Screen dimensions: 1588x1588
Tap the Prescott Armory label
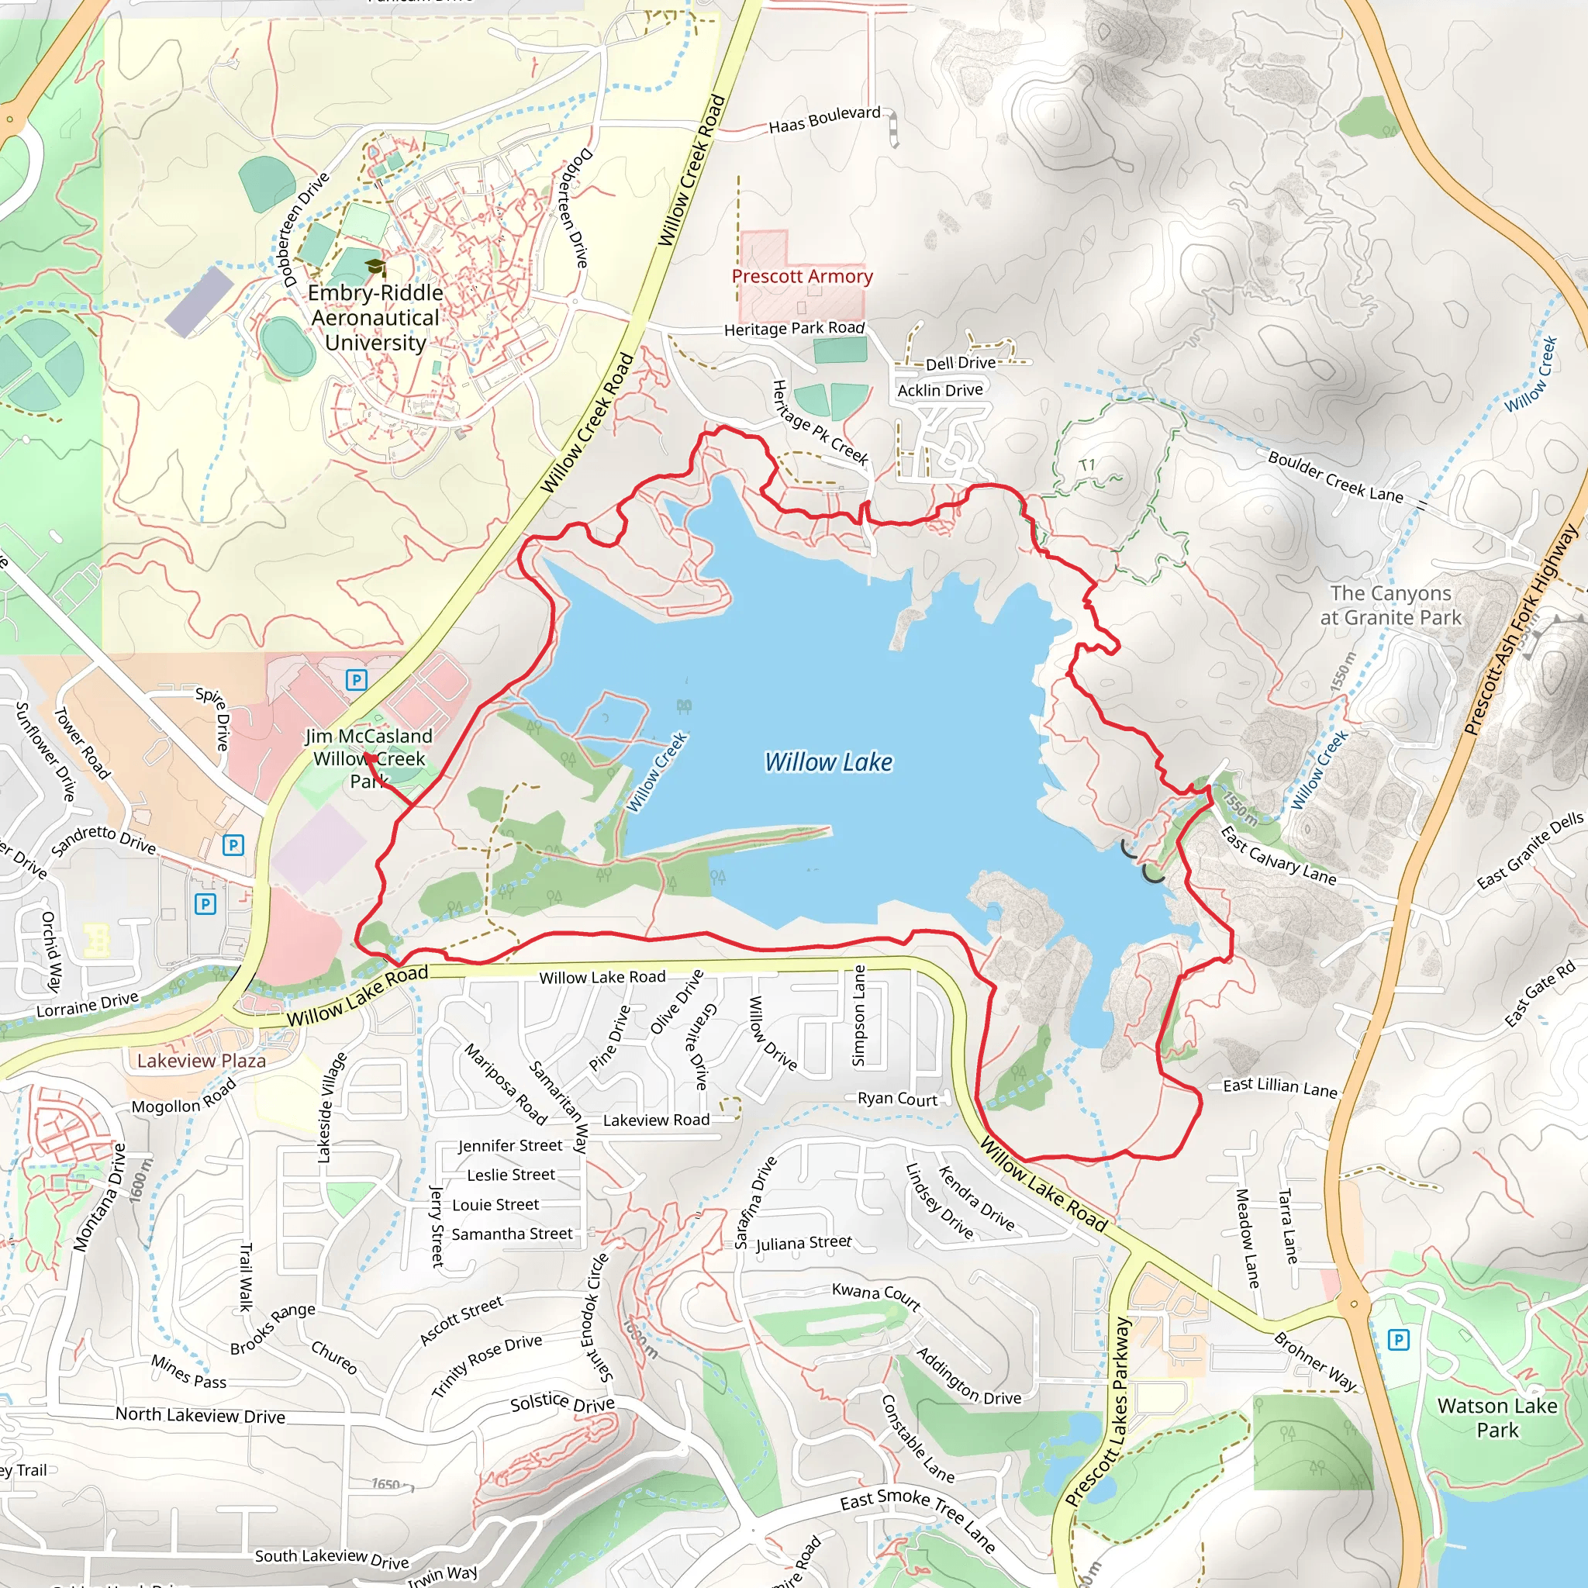[802, 276]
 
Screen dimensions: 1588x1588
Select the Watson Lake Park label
[1497, 1418]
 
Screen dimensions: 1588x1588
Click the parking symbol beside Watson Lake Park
[1398, 1341]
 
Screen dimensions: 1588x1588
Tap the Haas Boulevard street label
[823, 120]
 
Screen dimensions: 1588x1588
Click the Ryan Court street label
[897, 1099]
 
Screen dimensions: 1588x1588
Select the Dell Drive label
[960, 364]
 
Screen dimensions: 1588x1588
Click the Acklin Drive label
[940, 391]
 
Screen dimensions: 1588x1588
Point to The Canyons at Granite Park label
[1391, 605]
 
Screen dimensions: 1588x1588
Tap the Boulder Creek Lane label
[1335, 477]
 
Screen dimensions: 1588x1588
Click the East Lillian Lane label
[1279, 1086]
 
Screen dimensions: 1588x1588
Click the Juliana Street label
[803, 1243]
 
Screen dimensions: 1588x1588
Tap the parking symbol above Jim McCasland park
[356, 680]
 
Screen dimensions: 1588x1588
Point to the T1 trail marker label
[1086, 466]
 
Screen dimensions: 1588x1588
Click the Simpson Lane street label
[859, 1016]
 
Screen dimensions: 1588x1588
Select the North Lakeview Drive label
[200, 1415]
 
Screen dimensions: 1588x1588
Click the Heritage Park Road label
[794, 329]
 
